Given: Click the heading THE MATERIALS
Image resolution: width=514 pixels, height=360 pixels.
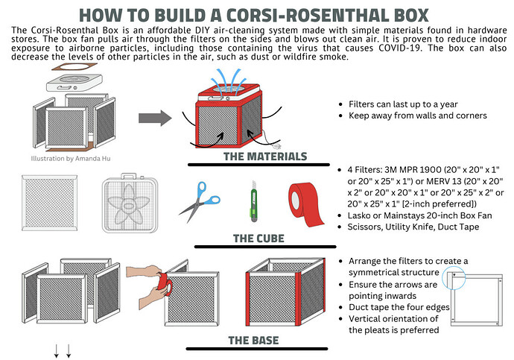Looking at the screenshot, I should click(x=264, y=157).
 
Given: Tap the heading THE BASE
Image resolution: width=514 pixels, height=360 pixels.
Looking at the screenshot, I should click(x=253, y=341).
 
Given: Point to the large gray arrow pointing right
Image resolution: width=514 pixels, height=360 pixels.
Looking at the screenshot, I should click(x=155, y=117).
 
